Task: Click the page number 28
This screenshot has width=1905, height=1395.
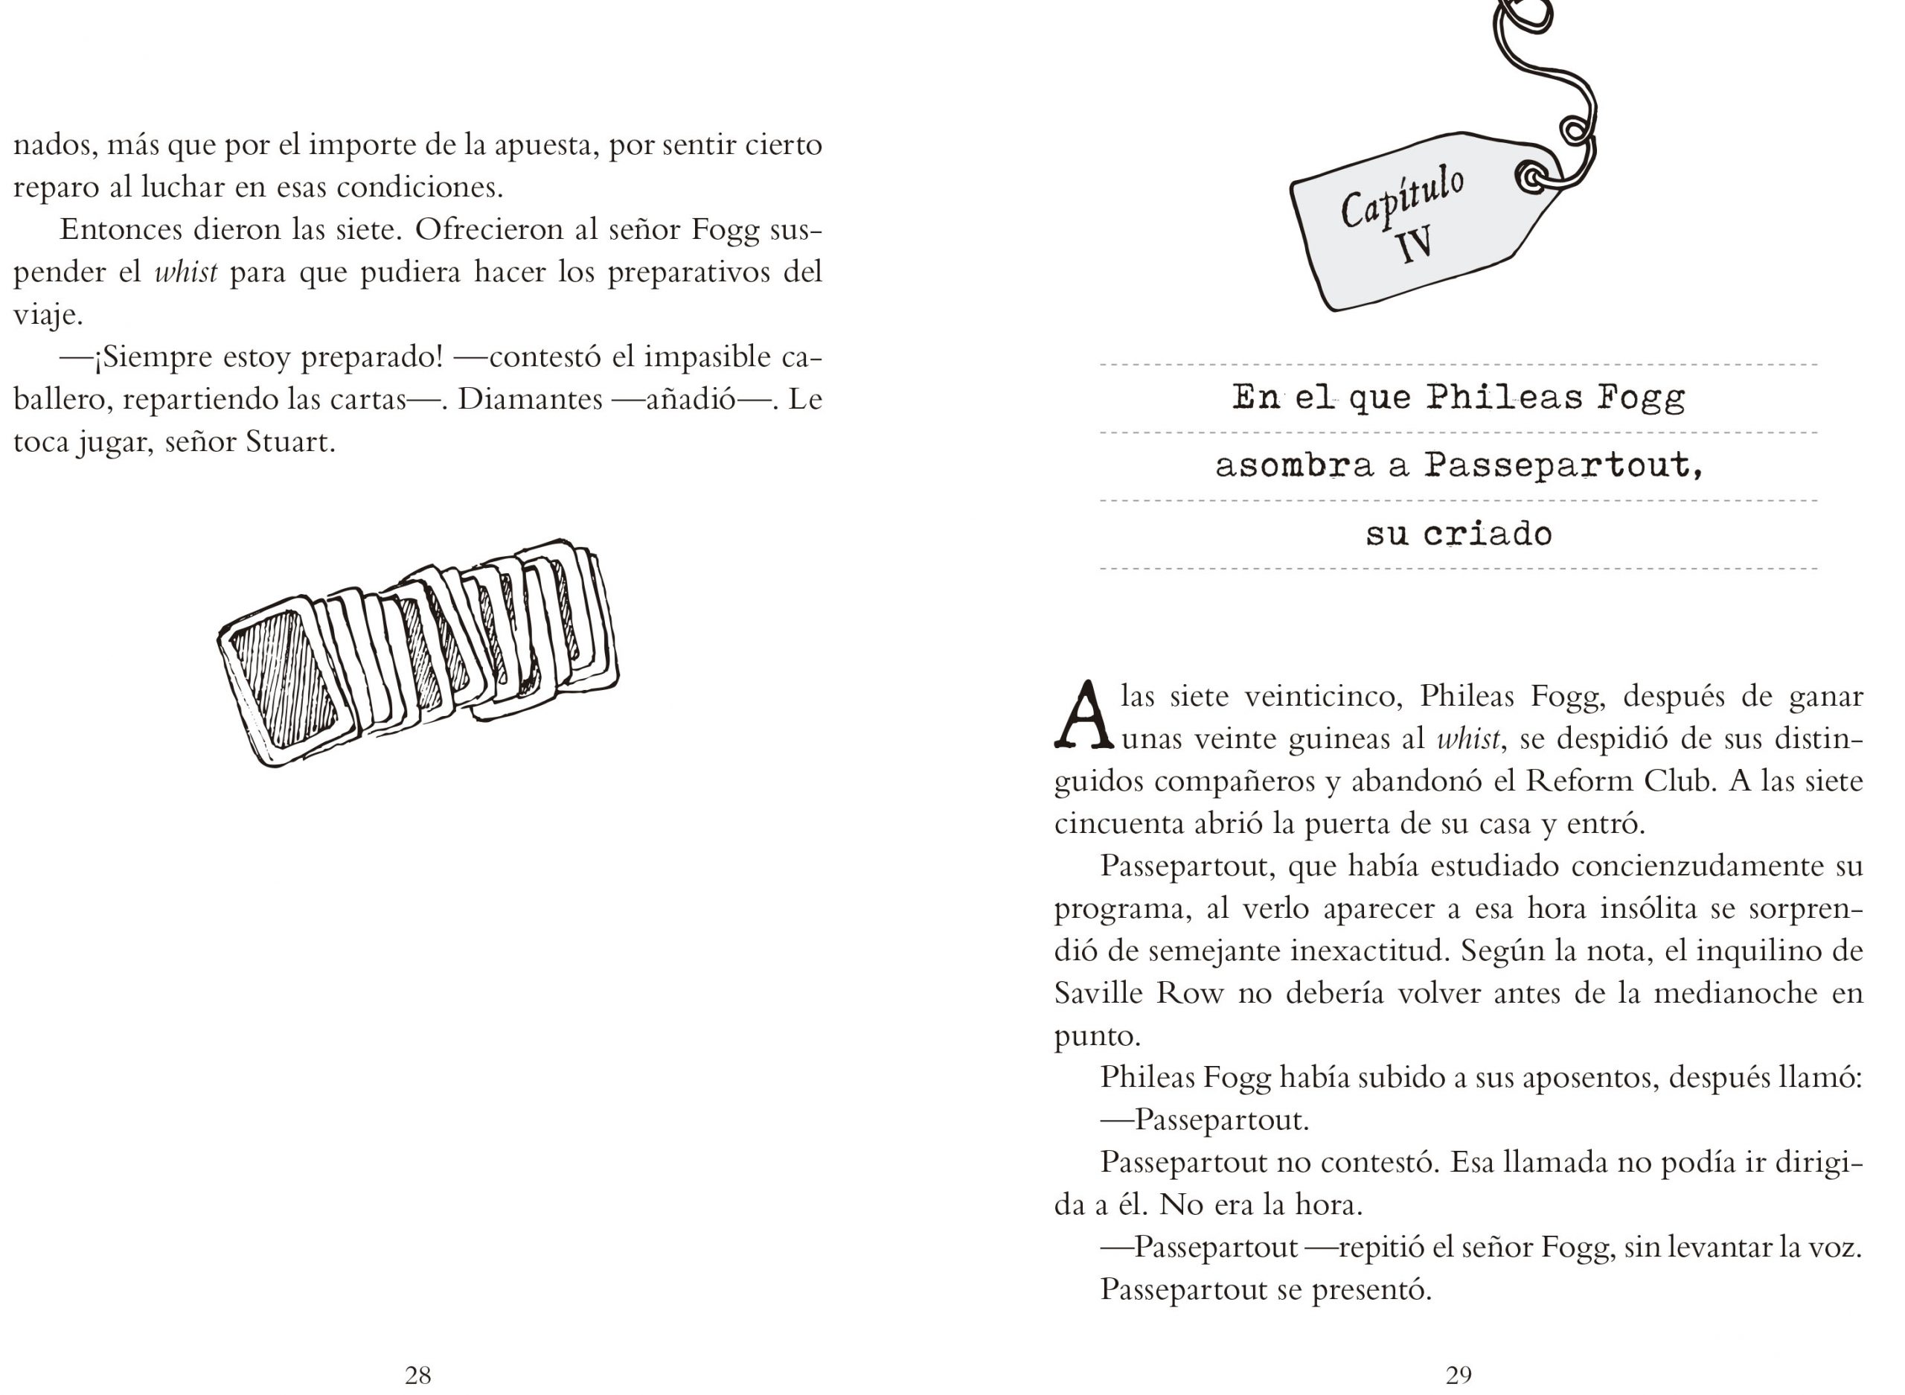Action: tap(417, 1376)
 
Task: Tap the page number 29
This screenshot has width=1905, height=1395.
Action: tap(1458, 1376)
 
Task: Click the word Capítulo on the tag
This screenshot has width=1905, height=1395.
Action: tap(1402, 197)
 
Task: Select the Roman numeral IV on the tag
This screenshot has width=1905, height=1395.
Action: tap(1415, 246)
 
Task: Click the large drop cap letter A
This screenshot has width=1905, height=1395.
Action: tap(1083, 716)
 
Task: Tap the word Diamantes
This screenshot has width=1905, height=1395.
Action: tap(530, 400)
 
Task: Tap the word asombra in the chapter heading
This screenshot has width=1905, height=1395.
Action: tap(1294, 465)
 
